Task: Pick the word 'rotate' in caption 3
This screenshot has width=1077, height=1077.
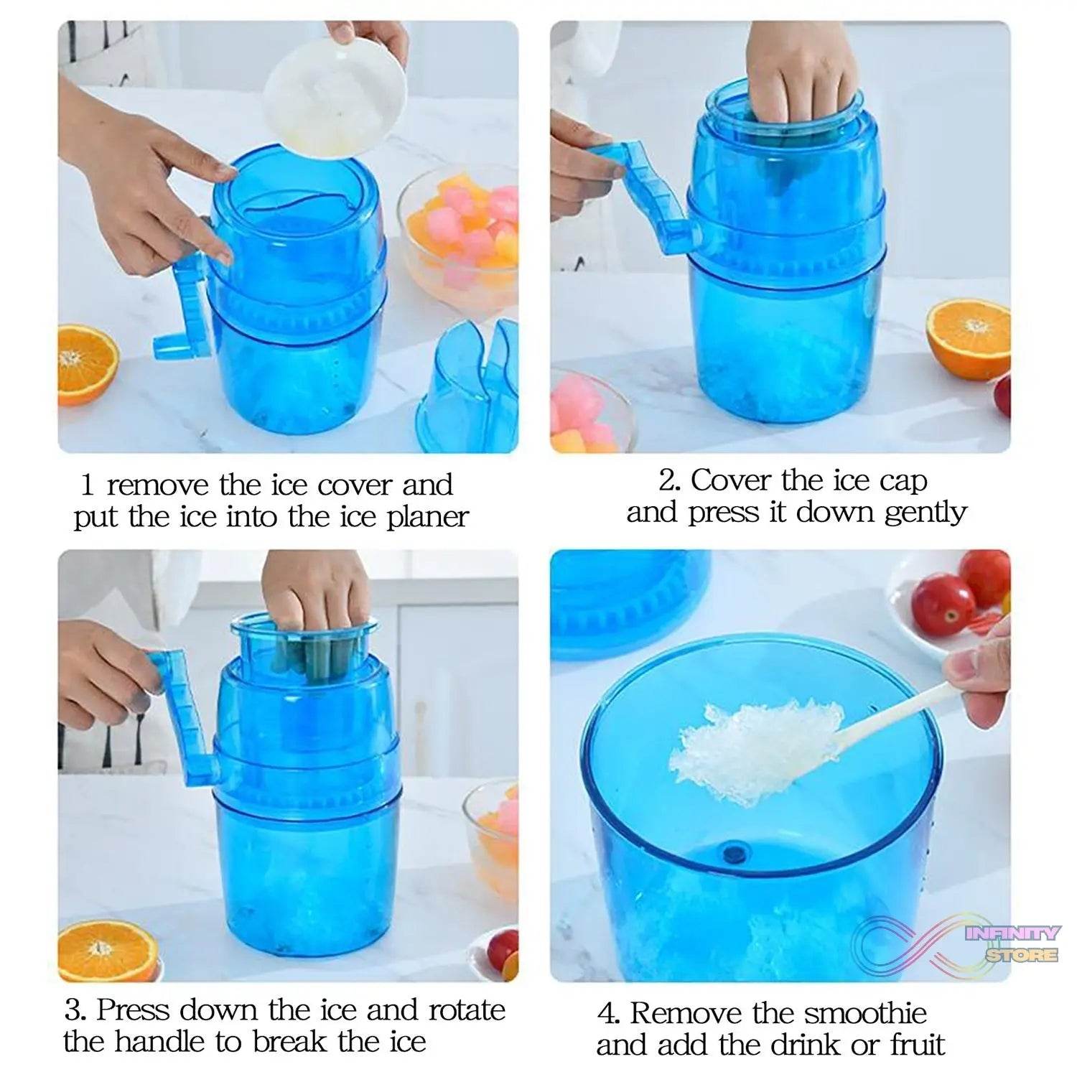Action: coord(467,1010)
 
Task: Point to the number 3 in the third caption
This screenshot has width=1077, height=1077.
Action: coord(75,1010)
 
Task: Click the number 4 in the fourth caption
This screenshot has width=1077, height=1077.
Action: coord(607,1014)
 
